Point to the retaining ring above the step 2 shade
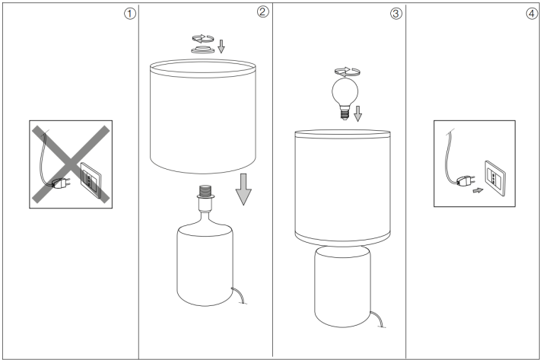pyautogui.click(x=203, y=48)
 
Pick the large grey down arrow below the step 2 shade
pyautogui.click(x=243, y=188)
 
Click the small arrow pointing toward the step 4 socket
pyautogui.click(x=477, y=192)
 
